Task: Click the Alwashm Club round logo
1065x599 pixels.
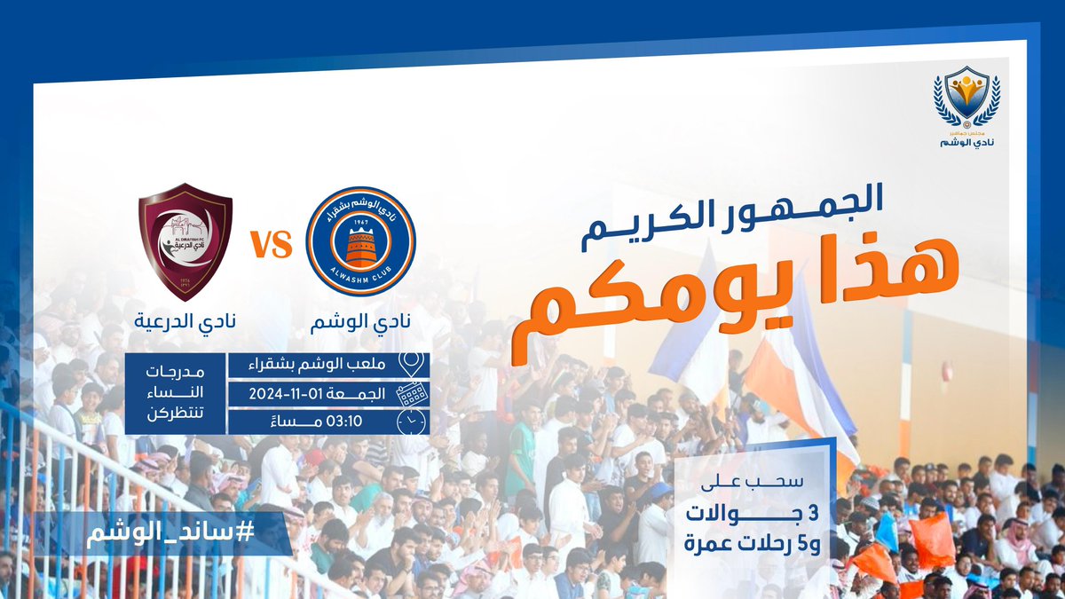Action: click(x=360, y=240)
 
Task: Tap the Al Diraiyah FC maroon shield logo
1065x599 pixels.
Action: click(x=185, y=241)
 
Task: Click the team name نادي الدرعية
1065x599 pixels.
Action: click(x=185, y=320)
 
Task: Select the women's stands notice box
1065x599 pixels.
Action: click(x=174, y=394)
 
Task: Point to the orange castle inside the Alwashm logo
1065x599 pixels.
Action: click(x=360, y=246)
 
